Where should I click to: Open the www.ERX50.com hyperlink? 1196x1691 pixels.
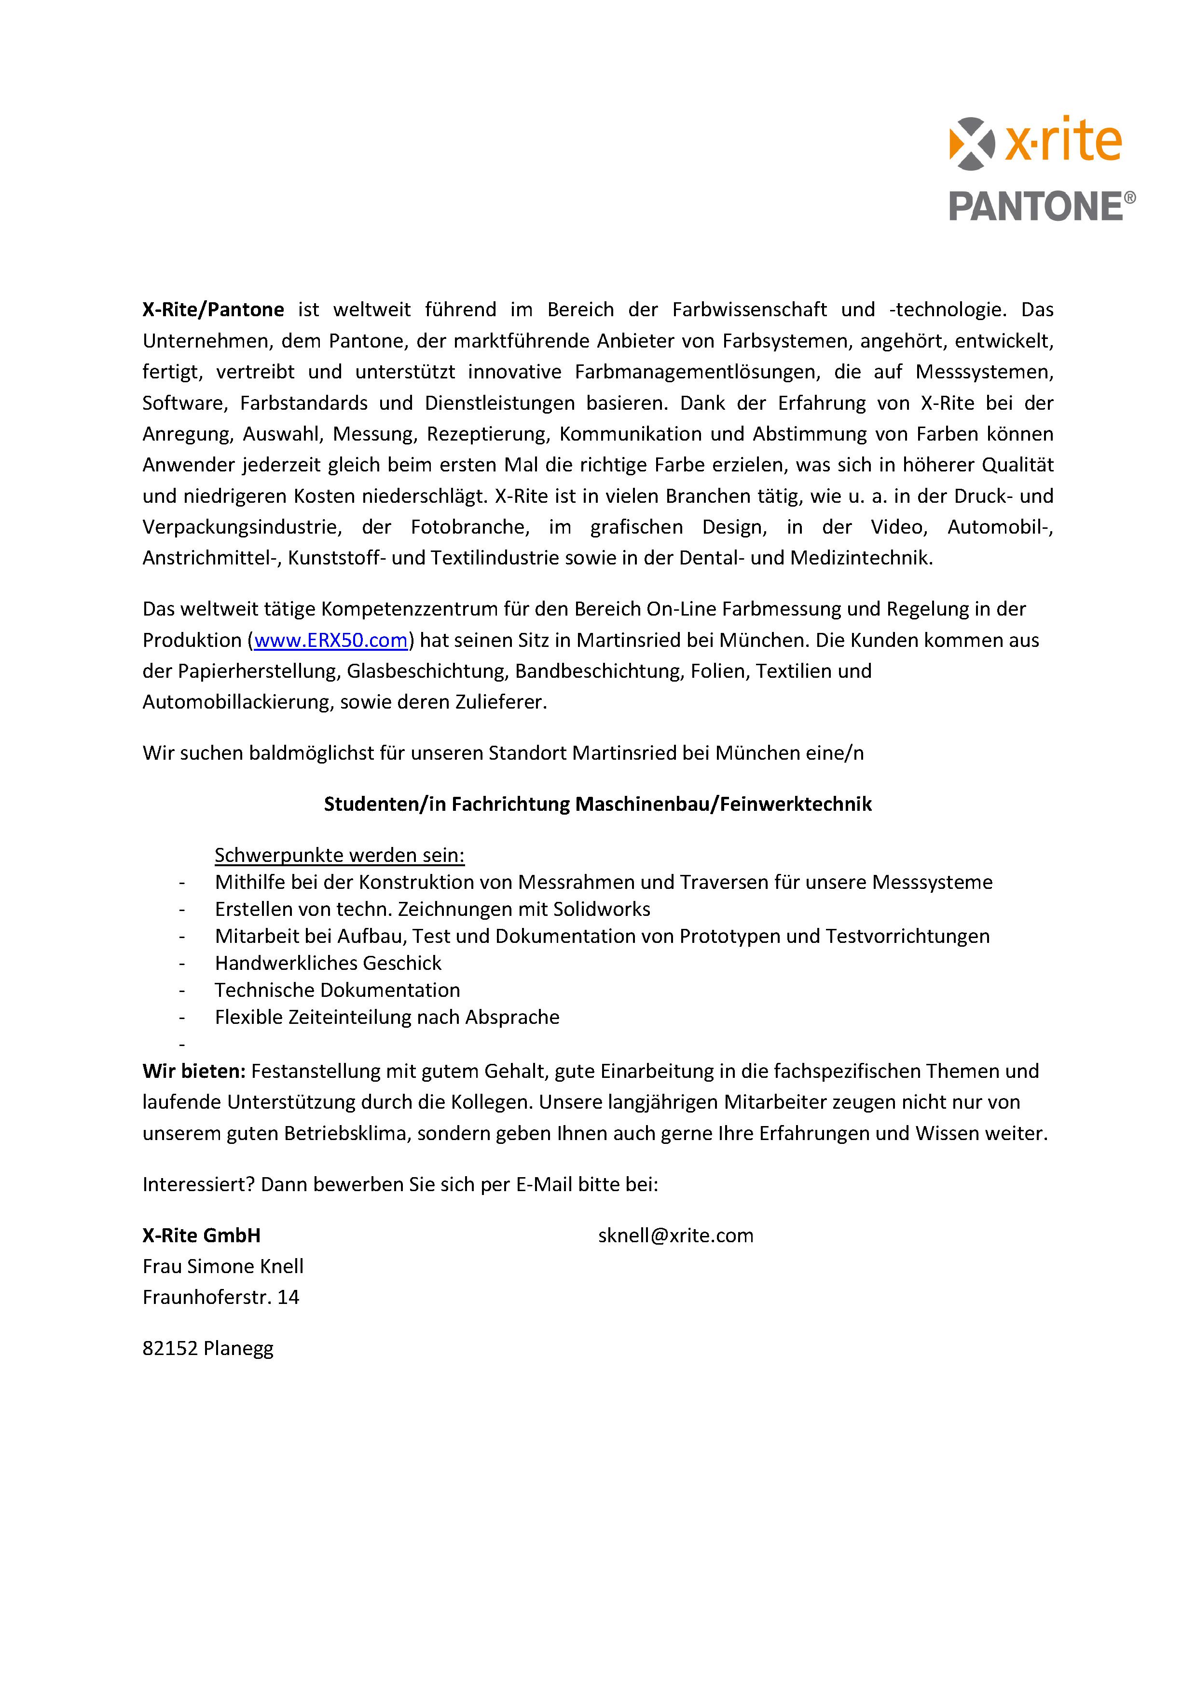[331, 640]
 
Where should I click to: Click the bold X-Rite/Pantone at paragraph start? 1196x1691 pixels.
[213, 309]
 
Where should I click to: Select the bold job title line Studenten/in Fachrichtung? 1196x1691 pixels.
[598, 804]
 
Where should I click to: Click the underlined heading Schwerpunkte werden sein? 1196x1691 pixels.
[339, 855]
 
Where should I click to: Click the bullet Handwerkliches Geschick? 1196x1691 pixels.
[328, 963]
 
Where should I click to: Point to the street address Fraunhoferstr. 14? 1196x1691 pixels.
[220, 1297]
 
